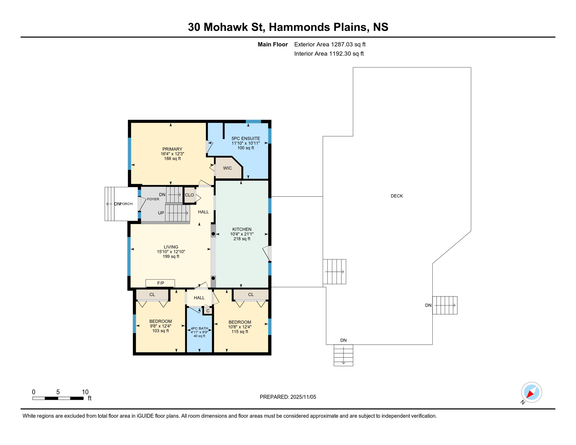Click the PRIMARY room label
[172, 149]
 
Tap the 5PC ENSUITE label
[245, 138]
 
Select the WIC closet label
[227, 168]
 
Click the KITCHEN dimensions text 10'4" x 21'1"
[242, 234]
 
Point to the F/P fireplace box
[160, 283]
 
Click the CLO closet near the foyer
[189, 195]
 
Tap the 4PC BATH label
[199, 329]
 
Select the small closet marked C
[208, 311]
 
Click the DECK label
[396, 196]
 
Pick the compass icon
[531, 392]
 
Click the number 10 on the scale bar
[85, 392]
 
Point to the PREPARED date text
[287, 397]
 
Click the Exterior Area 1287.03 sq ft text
[329, 44]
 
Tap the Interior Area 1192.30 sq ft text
[329, 54]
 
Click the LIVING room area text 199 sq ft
[171, 256]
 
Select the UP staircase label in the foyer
[161, 213]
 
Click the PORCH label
[126, 204]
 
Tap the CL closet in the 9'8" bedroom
[152, 295]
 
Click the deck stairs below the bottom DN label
[343, 355]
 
